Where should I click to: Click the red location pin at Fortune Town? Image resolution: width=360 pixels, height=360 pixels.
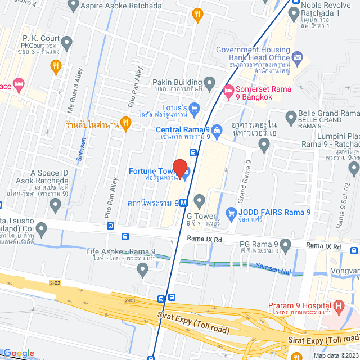click(179, 168)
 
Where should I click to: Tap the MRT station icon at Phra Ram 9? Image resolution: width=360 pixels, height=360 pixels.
click(184, 202)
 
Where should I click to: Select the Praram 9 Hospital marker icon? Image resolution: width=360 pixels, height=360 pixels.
click(339, 307)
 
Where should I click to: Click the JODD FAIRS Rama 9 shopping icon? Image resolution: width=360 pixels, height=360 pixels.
click(230, 212)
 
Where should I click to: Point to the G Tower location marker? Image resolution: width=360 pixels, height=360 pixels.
click(199, 201)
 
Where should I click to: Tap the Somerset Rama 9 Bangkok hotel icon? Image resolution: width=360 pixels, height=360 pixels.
click(228, 90)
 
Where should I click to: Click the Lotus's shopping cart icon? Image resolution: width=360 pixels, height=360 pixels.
click(195, 107)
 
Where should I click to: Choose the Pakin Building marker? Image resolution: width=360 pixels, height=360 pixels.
click(210, 84)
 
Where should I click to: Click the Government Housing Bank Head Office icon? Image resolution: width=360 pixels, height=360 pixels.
click(298, 57)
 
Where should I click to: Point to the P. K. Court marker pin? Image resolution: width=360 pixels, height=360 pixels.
click(67, 42)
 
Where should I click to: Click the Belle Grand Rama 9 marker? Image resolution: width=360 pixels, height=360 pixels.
click(291, 118)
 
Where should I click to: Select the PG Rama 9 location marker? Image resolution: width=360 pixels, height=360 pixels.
click(286, 245)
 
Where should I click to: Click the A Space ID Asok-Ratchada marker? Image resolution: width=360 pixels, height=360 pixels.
click(55, 205)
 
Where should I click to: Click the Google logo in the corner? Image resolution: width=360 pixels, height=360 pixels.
click(19, 353)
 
